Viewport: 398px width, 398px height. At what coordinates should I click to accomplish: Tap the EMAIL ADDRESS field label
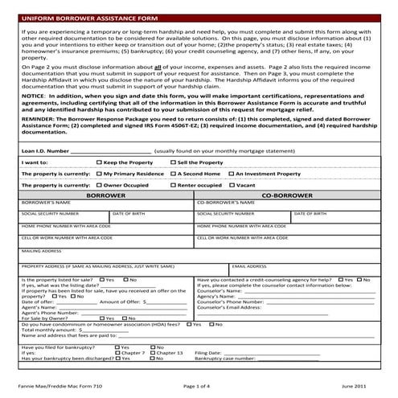click(248, 265)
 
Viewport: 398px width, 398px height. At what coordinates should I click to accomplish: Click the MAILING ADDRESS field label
click(41, 250)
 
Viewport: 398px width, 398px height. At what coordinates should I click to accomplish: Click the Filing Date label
click(207, 352)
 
